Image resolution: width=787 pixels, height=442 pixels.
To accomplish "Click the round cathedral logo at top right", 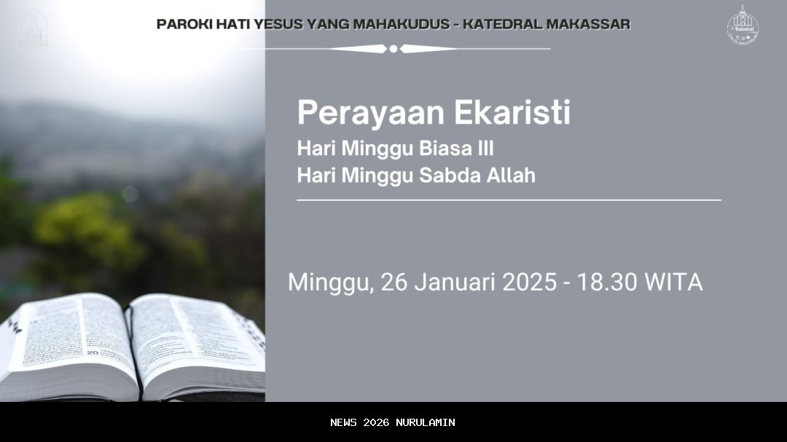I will [x=743, y=26].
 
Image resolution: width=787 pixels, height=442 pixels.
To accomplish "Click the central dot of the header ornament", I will [x=393, y=49].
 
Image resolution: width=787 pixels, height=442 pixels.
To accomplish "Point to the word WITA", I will [x=673, y=282].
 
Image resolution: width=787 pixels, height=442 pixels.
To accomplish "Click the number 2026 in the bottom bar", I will [x=376, y=422].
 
